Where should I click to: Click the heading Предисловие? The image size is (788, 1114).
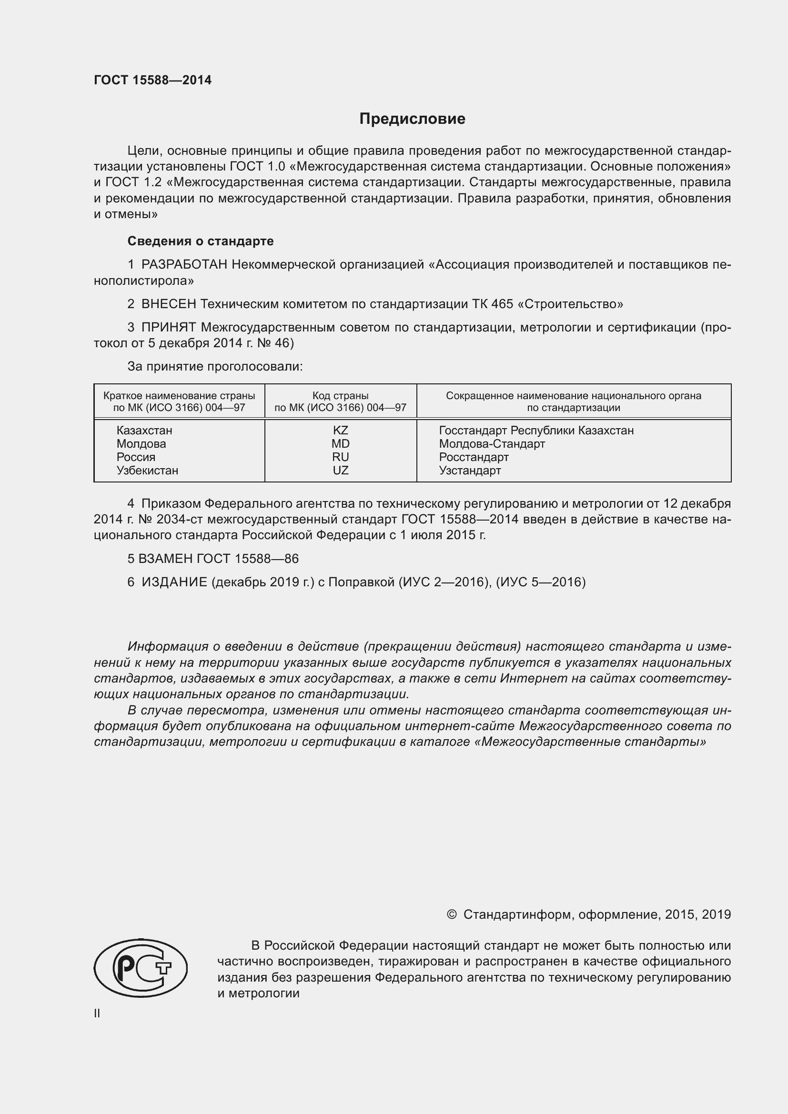(412, 119)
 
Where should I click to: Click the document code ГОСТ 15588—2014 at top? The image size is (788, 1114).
(152, 80)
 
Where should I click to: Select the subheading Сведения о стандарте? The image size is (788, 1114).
(200, 241)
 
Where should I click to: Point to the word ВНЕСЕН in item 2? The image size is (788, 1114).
(169, 304)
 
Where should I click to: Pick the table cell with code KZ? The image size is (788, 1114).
(340, 431)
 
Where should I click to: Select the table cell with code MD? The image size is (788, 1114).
(340, 443)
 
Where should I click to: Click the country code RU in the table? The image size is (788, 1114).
(340, 457)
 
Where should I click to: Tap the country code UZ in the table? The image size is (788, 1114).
(340, 470)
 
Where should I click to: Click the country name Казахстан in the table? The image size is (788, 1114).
(144, 431)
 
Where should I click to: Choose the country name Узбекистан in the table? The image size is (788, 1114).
(147, 470)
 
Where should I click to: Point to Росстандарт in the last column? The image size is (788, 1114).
(474, 457)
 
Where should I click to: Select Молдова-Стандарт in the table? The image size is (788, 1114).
(492, 443)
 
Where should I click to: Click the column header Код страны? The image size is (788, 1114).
(340, 396)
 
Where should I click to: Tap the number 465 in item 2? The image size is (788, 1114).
(502, 304)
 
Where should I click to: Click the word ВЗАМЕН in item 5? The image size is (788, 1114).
(165, 559)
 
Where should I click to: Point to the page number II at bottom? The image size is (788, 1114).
(97, 1014)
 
